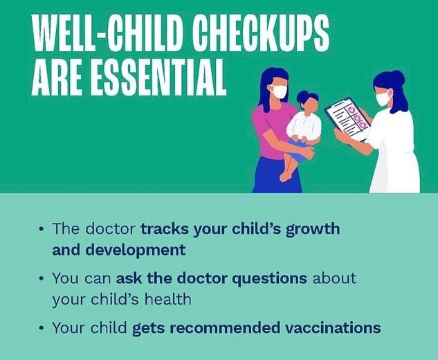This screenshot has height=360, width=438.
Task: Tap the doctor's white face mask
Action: (x=383, y=98)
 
